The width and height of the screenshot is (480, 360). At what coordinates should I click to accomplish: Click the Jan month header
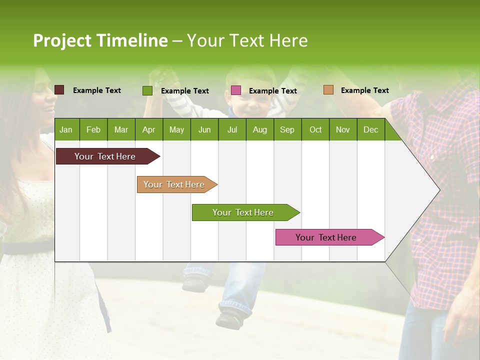[66, 130]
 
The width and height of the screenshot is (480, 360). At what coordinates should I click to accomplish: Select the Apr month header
[148, 130]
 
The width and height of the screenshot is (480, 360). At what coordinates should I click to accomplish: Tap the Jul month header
[232, 130]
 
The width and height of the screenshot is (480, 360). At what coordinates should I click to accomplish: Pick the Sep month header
[287, 130]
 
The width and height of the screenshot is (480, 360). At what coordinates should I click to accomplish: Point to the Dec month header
[370, 130]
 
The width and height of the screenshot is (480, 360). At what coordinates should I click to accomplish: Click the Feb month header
[93, 130]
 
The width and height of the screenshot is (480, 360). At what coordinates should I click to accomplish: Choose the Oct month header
[315, 130]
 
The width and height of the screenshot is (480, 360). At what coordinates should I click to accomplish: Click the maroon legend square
[59, 90]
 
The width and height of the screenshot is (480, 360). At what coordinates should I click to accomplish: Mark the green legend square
[147, 90]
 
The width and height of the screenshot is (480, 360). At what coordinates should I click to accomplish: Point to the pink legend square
[236, 90]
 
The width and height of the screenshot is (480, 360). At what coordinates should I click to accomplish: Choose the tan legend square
[328, 90]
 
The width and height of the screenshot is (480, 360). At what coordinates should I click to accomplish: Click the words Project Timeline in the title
[100, 40]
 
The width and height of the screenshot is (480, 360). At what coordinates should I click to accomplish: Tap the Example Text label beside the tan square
[364, 90]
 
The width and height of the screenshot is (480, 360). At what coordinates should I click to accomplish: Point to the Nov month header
[343, 130]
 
